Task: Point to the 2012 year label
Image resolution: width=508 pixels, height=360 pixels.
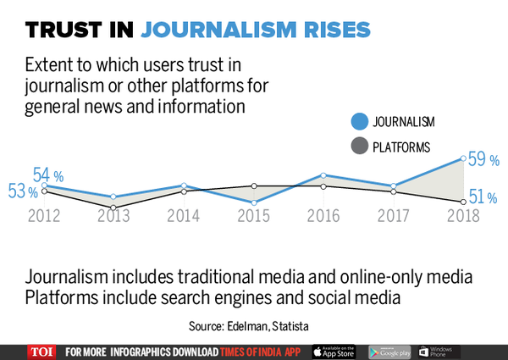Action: (x=44, y=215)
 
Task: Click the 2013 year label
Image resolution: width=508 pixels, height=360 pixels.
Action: (x=113, y=215)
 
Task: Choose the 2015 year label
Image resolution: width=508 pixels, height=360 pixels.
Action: (x=253, y=215)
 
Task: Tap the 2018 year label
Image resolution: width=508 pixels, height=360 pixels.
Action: (x=462, y=215)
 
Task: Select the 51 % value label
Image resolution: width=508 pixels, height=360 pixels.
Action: (x=482, y=197)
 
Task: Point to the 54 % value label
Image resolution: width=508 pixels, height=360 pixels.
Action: (x=50, y=175)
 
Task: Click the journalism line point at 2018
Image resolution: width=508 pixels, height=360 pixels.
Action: (x=462, y=158)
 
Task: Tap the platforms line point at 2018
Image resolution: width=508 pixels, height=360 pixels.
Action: (x=462, y=202)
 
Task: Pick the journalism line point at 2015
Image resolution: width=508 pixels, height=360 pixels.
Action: (x=254, y=202)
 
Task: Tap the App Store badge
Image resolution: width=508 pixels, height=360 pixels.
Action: (x=335, y=352)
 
